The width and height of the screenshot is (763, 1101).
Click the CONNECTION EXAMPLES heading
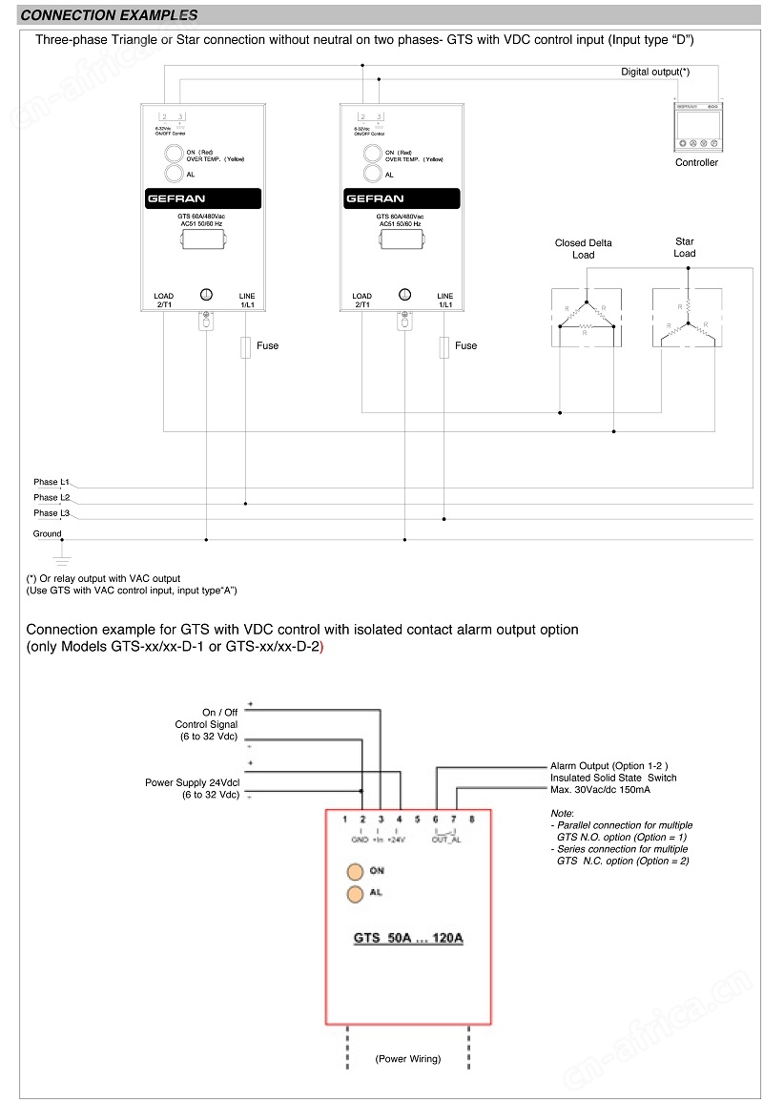pos(109,15)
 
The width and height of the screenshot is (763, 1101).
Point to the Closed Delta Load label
pos(584,249)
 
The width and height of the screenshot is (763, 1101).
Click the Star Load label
pos(685,247)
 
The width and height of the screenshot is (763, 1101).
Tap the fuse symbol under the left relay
pos(245,346)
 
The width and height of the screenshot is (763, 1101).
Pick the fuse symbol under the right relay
pos(443,346)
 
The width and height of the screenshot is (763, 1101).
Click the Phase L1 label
pos(52,483)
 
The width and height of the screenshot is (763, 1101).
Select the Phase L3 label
pos(52,513)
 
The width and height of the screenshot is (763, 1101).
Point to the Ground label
pos(48,534)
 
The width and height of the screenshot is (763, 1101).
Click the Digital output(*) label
pos(655,72)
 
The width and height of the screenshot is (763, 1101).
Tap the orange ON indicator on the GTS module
pos(355,871)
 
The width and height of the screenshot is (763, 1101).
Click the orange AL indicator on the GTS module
pos(355,894)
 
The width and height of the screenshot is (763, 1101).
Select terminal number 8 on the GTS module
pos(472,820)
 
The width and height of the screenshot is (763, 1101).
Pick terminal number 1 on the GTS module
pos(345,820)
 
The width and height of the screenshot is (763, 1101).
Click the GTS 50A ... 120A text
pos(408,938)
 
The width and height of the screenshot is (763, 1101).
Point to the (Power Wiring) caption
pos(407,1059)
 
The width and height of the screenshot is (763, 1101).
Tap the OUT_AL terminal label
pos(445,840)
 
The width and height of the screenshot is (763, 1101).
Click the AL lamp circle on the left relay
pos(174,174)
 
